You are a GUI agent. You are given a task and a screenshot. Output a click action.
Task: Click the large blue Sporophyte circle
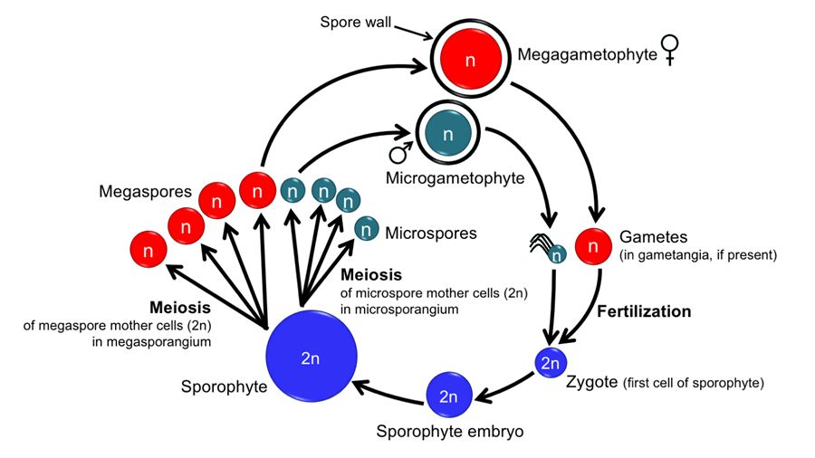pos(310,359)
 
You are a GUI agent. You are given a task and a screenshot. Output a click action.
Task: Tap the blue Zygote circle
pos(550,364)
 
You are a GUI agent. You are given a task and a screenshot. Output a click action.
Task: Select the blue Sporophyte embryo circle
pos(448,396)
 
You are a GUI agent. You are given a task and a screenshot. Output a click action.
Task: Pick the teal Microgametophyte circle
pos(447,133)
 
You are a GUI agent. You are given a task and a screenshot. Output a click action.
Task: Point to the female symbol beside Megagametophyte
pos(670,49)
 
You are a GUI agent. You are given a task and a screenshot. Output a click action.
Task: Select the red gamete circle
pos(594,245)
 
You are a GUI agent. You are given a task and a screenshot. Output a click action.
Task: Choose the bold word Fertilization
pos(644,311)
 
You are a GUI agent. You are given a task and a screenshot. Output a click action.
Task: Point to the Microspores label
pos(431,234)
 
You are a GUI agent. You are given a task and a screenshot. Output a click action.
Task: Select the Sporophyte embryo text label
pos(450,432)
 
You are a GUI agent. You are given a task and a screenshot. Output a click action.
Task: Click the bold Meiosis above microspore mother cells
pos(371,274)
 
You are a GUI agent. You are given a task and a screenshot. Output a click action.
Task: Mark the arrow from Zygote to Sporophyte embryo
pos(503,384)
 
